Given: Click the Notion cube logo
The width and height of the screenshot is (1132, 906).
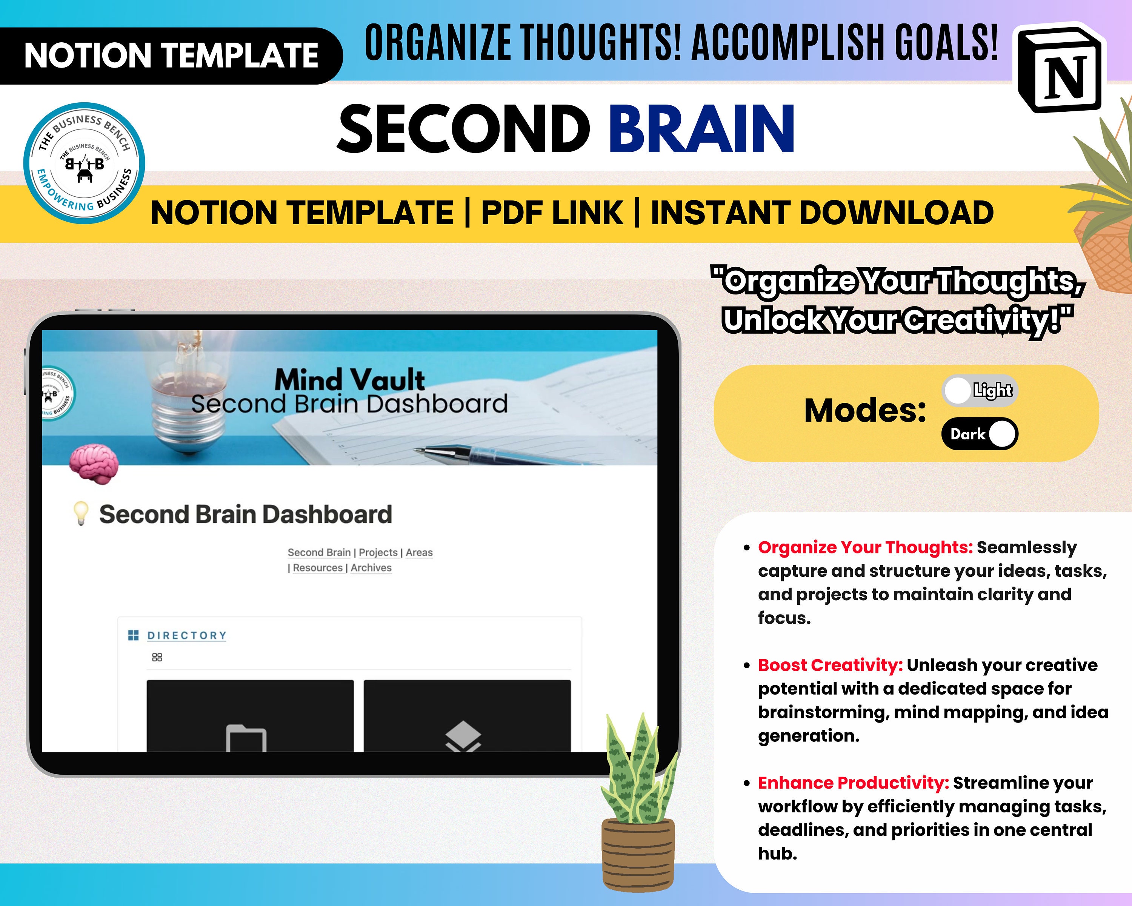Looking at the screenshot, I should pyautogui.click(x=1062, y=68).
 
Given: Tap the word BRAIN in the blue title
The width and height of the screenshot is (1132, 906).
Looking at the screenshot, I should pyautogui.click(x=701, y=129).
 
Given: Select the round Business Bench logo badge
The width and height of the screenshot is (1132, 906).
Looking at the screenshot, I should pyautogui.click(x=84, y=163).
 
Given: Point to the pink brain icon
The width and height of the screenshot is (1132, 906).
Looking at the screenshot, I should pyautogui.click(x=94, y=462).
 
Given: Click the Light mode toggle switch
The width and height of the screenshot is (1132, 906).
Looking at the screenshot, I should pyautogui.click(x=980, y=391).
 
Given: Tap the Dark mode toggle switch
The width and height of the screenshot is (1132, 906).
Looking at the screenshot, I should pyautogui.click(x=980, y=434).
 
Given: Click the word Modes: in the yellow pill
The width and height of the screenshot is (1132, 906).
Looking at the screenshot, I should pyautogui.click(x=865, y=411).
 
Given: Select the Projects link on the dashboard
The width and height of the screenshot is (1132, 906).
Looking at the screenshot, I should pyautogui.click(x=378, y=553).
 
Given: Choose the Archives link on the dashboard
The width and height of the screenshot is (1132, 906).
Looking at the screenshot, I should pyautogui.click(x=371, y=568).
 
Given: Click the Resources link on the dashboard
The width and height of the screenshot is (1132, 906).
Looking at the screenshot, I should pyautogui.click(x=318, y=568).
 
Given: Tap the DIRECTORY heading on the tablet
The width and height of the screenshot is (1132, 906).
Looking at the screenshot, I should pyautogui.click(x=186, y=635).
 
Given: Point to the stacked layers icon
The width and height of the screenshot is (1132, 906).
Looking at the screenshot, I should pyautogui.click(x=463, y=735).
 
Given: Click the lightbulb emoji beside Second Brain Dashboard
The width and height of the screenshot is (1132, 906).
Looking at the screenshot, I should pyautogui.click(x=81, y=514).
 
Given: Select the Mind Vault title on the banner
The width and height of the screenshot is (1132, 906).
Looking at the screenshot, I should pyautogui.click(x=350, y=379).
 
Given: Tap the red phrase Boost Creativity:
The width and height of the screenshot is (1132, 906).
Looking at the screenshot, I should pyautogui.click(x=830, y=665).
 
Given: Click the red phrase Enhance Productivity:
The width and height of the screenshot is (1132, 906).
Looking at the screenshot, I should pyautogui.click(x=853, y=783).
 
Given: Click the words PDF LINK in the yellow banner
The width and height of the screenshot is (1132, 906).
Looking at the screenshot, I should pyautogui.click(x=552, y=213).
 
